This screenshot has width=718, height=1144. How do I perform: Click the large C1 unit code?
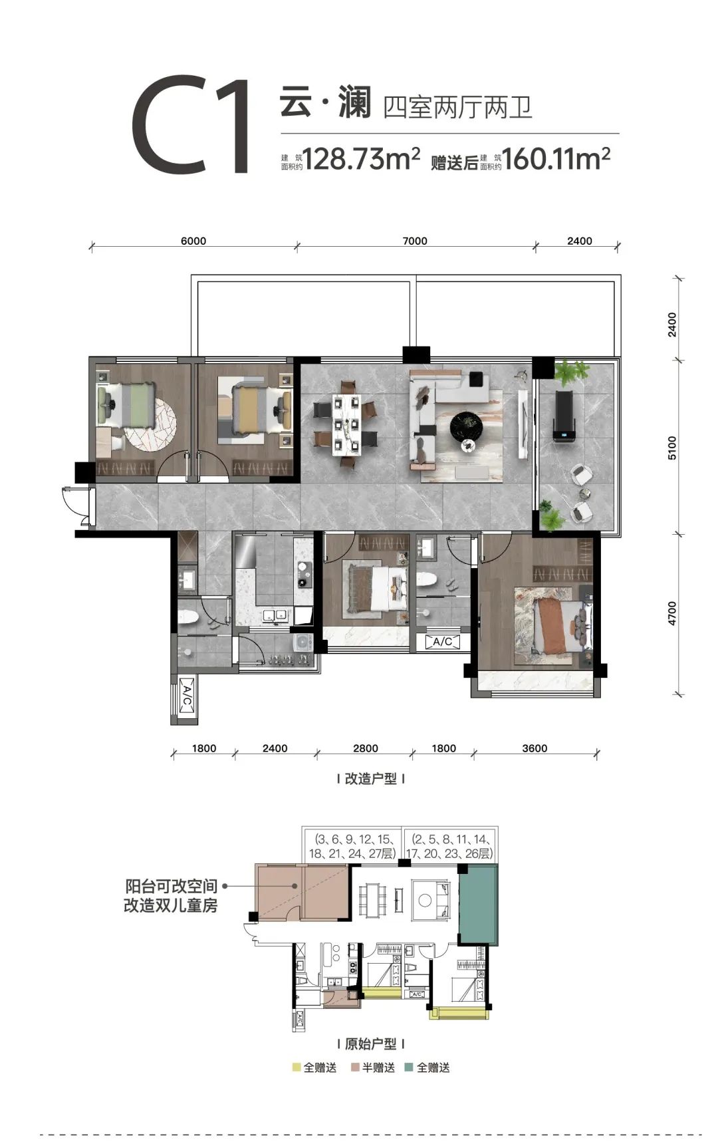(190, 125)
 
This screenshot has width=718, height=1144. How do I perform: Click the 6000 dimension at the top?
(193, 241)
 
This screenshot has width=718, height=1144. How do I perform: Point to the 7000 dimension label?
(415, 241)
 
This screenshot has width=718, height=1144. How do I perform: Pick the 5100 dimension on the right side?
(672, 448)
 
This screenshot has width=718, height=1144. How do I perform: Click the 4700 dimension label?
(672, 613)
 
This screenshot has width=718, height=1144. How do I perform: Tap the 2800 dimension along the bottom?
(366, 748)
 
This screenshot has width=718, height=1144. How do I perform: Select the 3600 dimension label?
(535, 748)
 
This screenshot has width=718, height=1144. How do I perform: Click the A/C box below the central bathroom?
(442, 642)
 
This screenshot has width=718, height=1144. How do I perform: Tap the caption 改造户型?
(370, 779)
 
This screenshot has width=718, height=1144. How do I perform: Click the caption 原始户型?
(370, 1044)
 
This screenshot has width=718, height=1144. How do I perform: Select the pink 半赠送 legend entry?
(373, 1068)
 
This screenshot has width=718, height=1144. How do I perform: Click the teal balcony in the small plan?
(478, 905)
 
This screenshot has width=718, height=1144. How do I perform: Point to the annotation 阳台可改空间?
(172, 887)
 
